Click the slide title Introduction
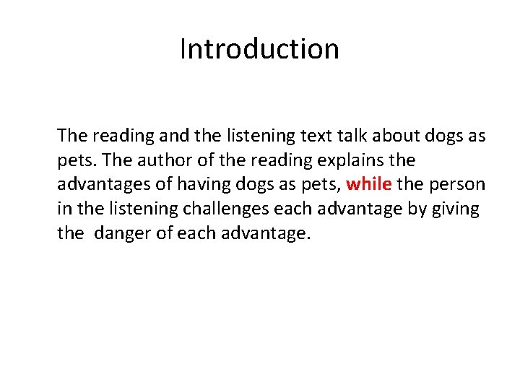[259, 49]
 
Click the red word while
[368, 184]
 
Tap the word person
[456, 184]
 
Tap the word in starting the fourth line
[64, 209]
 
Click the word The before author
[107, 160]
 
